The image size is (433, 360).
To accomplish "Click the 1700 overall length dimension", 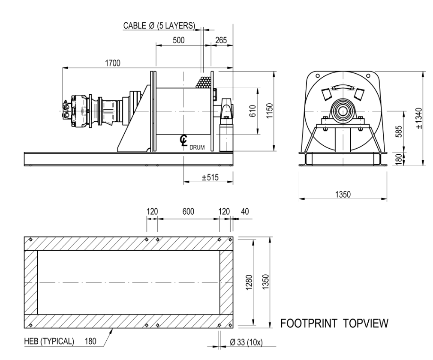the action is point(113,63).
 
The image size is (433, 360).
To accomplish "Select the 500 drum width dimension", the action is point(178,40).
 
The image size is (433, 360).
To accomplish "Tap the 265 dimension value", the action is point(221,40).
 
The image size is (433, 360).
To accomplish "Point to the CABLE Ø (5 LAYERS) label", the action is point(159,26).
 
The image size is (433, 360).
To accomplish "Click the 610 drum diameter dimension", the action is point(253,111).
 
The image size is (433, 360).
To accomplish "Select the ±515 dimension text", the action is point(210,177).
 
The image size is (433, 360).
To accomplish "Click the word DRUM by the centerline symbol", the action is point(197,147).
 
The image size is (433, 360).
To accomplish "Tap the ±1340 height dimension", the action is point(419,118).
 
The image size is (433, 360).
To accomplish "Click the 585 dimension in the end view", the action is point(398,132).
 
